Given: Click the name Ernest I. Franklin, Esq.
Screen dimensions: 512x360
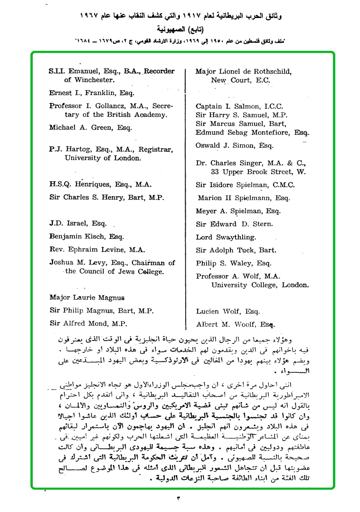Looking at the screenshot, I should pyautogui.click(x=92, y=93).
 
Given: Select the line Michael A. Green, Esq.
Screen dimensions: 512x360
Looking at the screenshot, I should pyautogui.click(x=91, y=128).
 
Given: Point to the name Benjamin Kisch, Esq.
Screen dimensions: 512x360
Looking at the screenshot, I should pyautogui.click(x=86, y=236).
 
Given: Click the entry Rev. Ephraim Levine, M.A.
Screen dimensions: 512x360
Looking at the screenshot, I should pyautogui.click(x=97, y=249).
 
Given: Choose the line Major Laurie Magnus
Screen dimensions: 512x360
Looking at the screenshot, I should pyautogui.click(x=87, y=298).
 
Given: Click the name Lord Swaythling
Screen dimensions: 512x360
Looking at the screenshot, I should pyautogui.click(x=226, y=237).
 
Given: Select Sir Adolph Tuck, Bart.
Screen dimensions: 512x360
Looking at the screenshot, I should pyautogui.click(x=236, y=250).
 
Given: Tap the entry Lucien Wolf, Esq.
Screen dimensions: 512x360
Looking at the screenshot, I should pyautogui.click(x=227, y=312).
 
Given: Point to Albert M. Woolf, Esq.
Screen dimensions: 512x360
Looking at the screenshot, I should pyautogui.click(x=236, y=325).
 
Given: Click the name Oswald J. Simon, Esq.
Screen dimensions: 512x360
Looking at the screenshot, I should pyautogui.click(x=235, y=146).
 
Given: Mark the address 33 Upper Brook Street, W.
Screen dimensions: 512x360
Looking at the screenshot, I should pyautogui.click(x=258, y=172).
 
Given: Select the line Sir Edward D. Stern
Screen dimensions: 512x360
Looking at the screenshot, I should pyautogui.click(x=234, y=224).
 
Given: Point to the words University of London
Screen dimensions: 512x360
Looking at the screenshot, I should pyautogui.click(x=103, y=158).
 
